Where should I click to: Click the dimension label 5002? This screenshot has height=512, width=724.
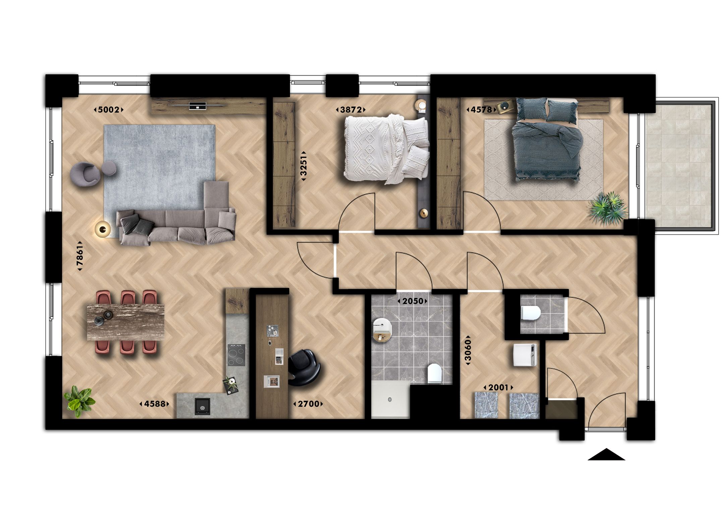click(x=109, y=110)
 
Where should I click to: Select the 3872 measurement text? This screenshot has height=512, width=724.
click(x=351, y=110)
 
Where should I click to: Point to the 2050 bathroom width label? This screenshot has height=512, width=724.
click(x=413, y=301)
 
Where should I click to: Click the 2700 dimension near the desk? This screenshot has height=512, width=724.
click(x=308, y=404)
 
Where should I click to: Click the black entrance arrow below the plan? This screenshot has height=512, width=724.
click(x=606, y=455)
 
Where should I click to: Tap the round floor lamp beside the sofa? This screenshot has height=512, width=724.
click(x=103, y=229)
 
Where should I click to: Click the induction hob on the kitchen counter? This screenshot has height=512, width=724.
click(x=237, y=355)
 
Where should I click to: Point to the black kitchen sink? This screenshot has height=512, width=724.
click(x=202, y=407)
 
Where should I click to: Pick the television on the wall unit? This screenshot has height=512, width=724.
click(x=197, y=105)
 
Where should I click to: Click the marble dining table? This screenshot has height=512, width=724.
click(x=126, y=322)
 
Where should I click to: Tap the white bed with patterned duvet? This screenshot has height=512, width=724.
click(x=385, y=148)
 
